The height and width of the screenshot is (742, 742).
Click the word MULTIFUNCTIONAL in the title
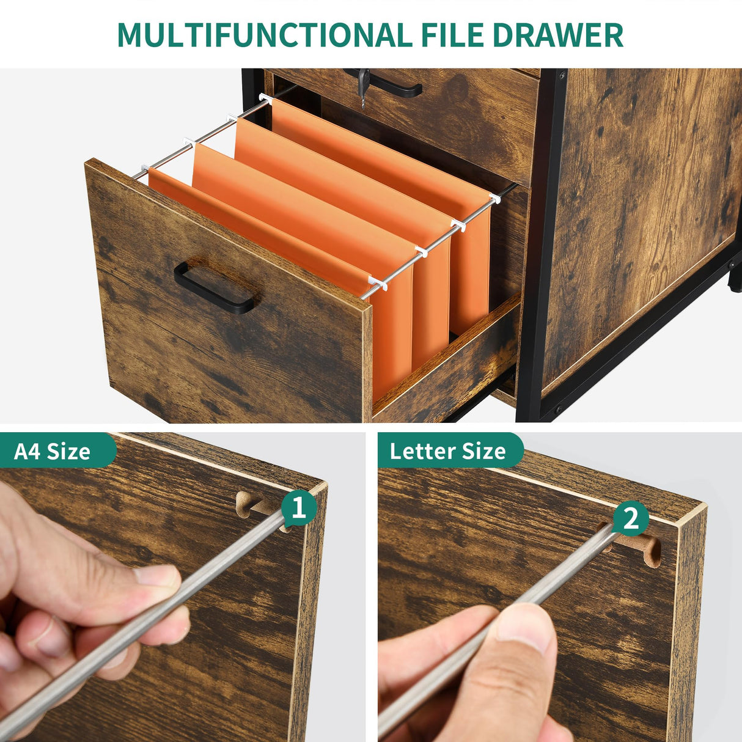pos(264,35)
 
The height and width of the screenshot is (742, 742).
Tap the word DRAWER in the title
pos(557,35)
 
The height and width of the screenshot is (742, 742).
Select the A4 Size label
pos(52,452)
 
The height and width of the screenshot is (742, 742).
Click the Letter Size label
pos(447,452)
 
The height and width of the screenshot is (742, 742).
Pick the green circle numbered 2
pos(630,518)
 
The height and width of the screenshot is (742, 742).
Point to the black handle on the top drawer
pos(391,86)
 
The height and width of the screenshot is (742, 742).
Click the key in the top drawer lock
pos(363,86)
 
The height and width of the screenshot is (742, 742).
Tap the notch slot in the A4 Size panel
pos(257,504)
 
